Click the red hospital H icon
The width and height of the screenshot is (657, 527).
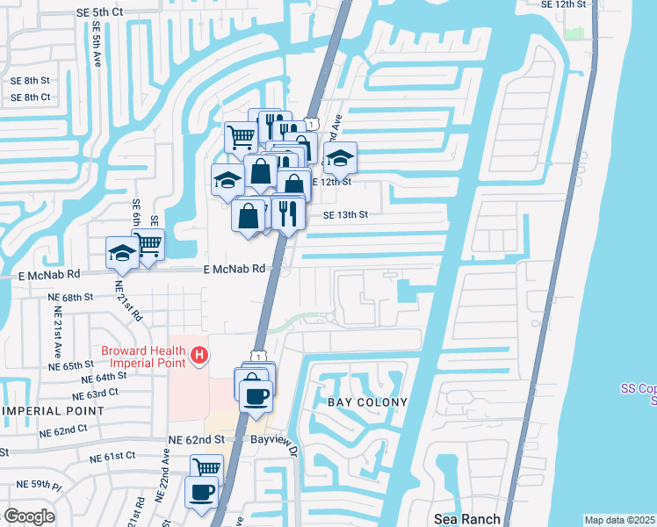(200, 356)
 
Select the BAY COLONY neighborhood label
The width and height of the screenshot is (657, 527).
(368, 402)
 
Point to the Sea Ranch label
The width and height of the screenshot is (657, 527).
(467, 519)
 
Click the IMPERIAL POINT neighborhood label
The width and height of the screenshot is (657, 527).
(54, 410)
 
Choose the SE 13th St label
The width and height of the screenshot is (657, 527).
(345, 214)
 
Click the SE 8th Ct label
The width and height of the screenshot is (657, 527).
(31, 97)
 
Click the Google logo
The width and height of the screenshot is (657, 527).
(30, 516)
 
